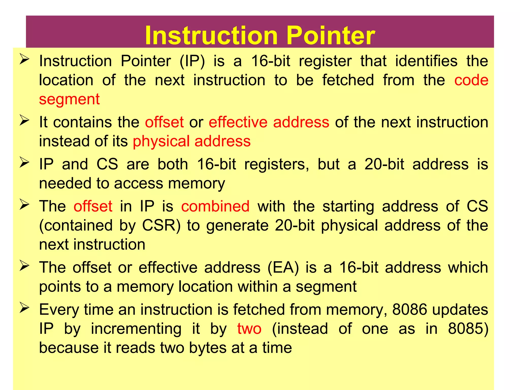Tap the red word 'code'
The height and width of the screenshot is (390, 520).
tap(471, 80)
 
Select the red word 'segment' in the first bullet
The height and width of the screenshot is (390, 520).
tap(69, 99)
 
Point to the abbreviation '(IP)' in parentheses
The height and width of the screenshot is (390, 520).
tap(192, 61)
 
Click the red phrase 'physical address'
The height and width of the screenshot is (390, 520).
tap(192, 141)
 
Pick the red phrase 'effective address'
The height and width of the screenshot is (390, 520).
tap(269, 122)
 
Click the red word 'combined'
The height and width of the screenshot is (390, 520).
tap(215, 206)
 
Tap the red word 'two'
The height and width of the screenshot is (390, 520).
tap(249, 329)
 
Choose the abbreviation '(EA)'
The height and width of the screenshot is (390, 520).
tap(283, 268)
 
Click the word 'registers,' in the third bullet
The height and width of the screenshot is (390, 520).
tap(277, 164)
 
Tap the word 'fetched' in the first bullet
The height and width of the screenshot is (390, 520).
tap(348, 80)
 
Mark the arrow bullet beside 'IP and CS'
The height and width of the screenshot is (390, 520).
tap(24, 162)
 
